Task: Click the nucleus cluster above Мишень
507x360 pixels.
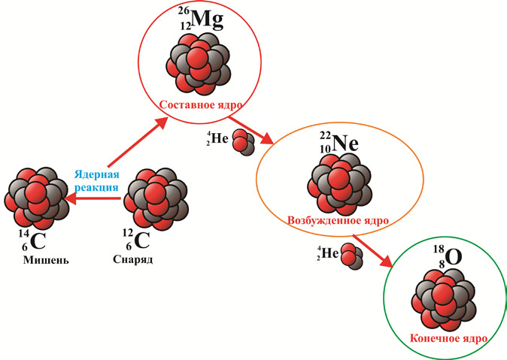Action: (x=34, y=197)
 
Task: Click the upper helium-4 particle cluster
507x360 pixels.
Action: (x=243, y=142)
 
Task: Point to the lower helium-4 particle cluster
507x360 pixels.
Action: (x=351, y=255)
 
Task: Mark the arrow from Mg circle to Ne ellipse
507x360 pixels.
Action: (x=253, y=130)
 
